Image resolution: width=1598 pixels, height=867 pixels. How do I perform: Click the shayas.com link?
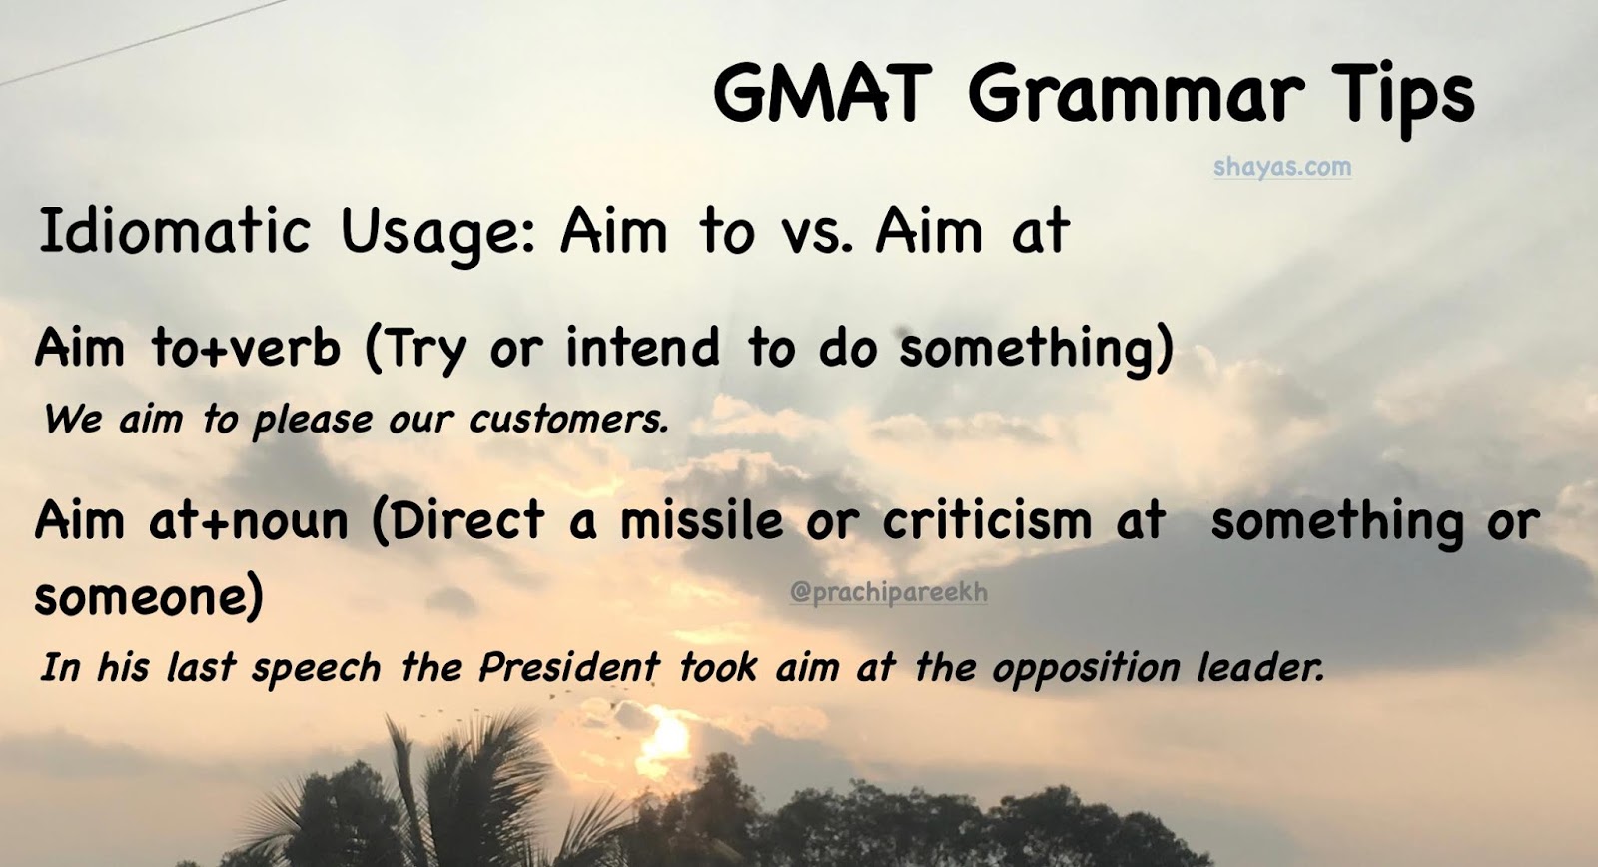pyautogui.click(x=1282, y=167)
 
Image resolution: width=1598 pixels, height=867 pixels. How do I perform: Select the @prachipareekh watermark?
pyautogui.click(x=888, y=592)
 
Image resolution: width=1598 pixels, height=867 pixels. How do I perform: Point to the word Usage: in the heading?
pyautogui.click(x=439, y=233)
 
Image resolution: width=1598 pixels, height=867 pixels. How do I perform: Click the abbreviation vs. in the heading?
pyautogui.click(x=811, y=233)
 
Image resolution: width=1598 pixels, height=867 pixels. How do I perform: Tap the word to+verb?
pyautogui.click(x=246, y=348)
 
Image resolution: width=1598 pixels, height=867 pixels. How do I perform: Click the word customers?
pyautogui.click(x=567, y=419)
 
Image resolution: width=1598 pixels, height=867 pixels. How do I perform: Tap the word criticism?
pyautogui.click(x=987, y=521)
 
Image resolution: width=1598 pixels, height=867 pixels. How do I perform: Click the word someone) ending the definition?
pyautogui.click(x=149, y=597)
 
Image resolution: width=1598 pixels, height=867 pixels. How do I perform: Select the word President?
pyautogui.click(x=568, y=667)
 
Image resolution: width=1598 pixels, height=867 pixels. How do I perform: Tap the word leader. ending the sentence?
pyautogui.click(x=1260, y=667)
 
